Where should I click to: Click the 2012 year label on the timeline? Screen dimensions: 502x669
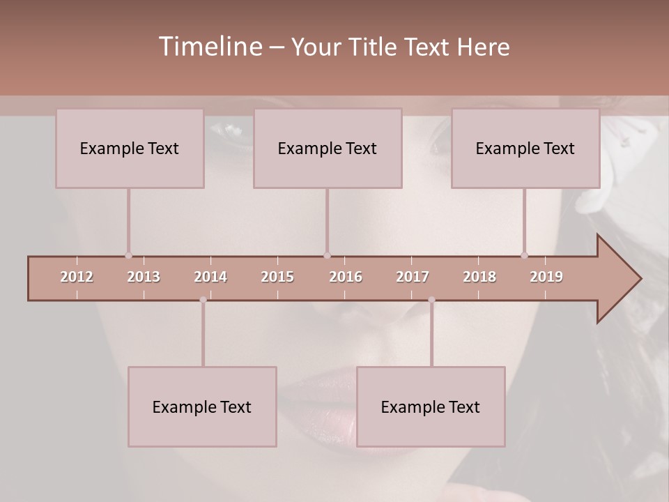click(x=77, y=277)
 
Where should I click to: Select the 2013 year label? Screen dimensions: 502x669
click(x=144, y=277)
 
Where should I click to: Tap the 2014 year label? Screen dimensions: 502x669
click(x=210, y=277)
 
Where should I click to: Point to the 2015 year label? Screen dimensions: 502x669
click(x=277, y=277)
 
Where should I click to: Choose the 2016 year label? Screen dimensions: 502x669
click(x=346, y=277)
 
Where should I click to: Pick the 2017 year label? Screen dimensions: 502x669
click(x=413, y=277)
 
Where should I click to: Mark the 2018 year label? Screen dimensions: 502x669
click(x=479, y=277)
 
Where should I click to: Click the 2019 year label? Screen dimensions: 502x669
click(x=546, y=277)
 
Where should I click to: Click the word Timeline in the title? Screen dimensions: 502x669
click(x=209, y=47)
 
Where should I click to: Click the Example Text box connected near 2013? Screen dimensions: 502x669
click(x=130, y=149)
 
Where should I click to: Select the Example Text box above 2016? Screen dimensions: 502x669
click(x=328, y=149)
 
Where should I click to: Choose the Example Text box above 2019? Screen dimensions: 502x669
click(x=525, y=149)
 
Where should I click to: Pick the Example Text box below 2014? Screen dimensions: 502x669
click(x=202, y=406)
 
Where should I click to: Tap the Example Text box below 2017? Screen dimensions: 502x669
click(x=431, y=406)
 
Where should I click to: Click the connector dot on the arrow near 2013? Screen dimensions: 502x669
click(x=128, y=256)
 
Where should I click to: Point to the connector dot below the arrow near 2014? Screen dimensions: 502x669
click(x=203, y=300)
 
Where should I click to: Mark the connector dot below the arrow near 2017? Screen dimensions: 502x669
click(x=431, y=300)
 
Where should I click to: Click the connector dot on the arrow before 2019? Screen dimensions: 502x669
click(x=525, y=256)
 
